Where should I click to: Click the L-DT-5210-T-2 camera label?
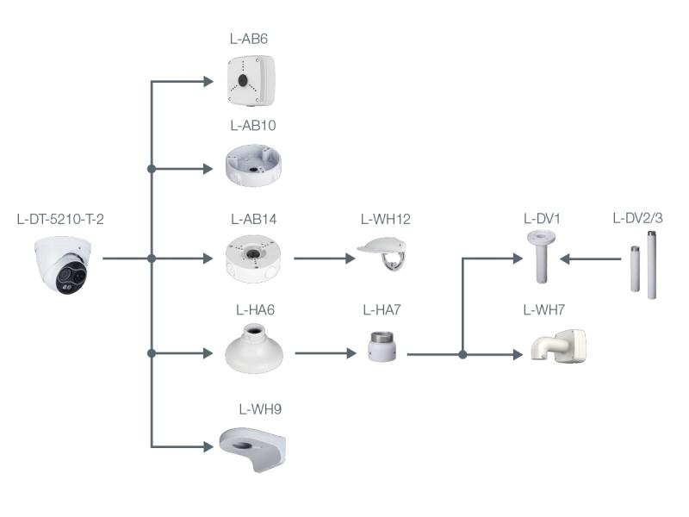point(60,219)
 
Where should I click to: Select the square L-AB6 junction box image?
point(251,78)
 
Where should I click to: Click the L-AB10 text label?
point(253,126)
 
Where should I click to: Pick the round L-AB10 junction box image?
point(253,166)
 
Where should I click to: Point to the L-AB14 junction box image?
point(253,258)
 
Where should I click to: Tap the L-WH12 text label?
point(385,219)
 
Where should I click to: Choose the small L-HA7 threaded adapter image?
point(380,346)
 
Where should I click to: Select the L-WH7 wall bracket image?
point(559,348)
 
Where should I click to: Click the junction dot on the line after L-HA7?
point(463,354)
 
